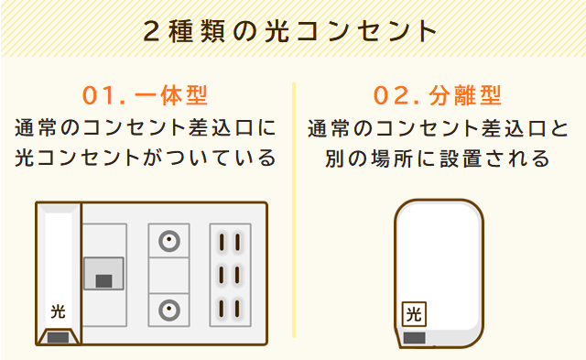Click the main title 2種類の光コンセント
pyautogui.click(x=292, y=30)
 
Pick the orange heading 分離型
pyautogui.click(x=465, y=95)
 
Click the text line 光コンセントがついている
pyautogui.click(x=146, y=158)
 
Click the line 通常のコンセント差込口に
pyautogui.click(x=146, y=126)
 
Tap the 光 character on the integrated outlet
pyautogui.click(x=58, y=311)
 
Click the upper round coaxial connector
pyautogui.click(x=168, y=242)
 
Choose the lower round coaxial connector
pyautogui.click(x=168, y=308)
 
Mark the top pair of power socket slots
pyautogui.click(x=230, y=243)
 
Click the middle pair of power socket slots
pyautogui.click(x=230, y=275)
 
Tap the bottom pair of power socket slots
pyautogui.click(x=230, y=307)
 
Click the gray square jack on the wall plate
pyautogui.click(x=103, y=274)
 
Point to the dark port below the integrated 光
pyautogui.click(x=58, y=337)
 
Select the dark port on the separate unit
pyautogui.click(x=415, y=337)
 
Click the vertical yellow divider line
pyautogui.click(x=295, y=211)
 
